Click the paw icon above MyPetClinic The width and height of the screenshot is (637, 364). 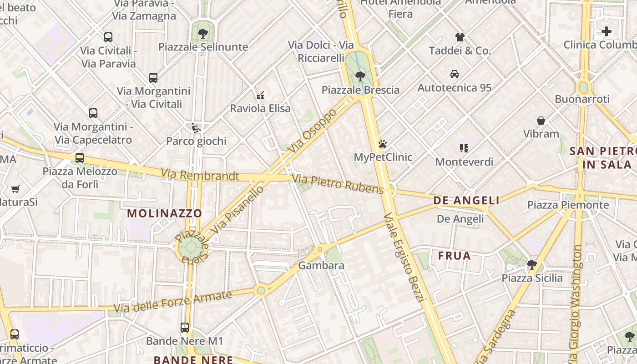(x=383, y=144)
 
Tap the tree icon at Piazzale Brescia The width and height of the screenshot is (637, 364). (x=360, y=76)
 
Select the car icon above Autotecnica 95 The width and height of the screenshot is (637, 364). (x=454, y=74)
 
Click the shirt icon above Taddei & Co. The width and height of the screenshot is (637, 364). (x=460, y=37)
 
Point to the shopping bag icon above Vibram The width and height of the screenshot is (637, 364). (x=541, y=121)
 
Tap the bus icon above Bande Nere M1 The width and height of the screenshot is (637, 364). (x=185, y=327)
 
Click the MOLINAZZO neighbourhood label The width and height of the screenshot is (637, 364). (x=164, y=213)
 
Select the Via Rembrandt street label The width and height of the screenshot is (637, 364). (x=200, y=175)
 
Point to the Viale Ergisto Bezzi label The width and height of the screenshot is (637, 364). (x=404, y=257)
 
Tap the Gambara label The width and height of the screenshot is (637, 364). (x=322, y=265)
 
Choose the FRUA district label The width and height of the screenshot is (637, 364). (x=454, y=256)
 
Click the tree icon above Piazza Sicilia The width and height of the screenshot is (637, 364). (x=531, y=264)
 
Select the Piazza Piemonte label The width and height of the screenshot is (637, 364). (x=568, y=205)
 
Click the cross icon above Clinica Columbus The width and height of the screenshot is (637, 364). (x=607, y=31)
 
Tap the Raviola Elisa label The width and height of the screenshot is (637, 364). (x=260, y=108)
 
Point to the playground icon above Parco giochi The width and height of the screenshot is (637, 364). (x=196, y=128)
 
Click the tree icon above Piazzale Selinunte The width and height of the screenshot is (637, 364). (x=203, y=33)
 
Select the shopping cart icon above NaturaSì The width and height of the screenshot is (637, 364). (x=15, y=189)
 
